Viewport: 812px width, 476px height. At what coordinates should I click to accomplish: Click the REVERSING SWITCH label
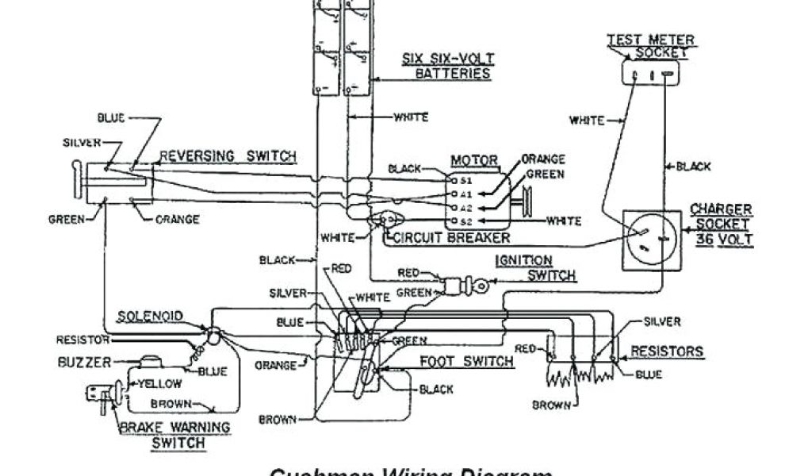[x=228, y=155]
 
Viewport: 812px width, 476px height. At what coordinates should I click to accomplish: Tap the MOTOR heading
[x=473, y=161]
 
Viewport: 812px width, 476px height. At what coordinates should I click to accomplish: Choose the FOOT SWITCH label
[x=467, y=362]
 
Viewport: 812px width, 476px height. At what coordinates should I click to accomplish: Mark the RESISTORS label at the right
[x=666, y=351]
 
